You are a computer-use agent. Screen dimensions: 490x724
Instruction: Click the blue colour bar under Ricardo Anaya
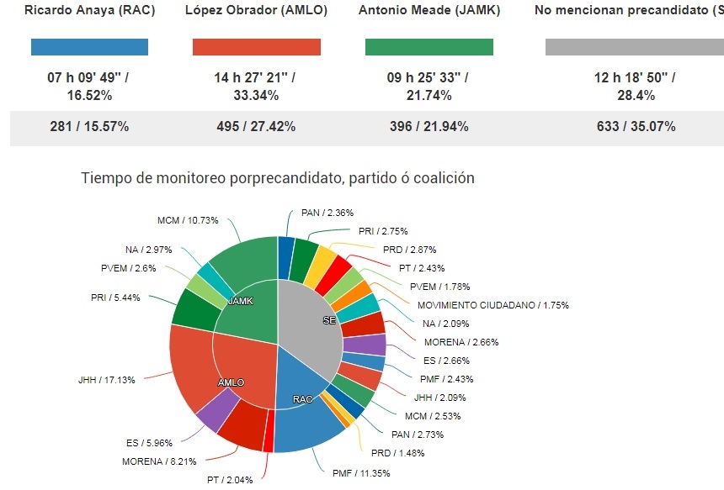tap(89, 47)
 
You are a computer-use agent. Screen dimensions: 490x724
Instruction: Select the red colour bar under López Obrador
tap(257, 47)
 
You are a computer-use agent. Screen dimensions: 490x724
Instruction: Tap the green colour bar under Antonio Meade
tap(429, 47)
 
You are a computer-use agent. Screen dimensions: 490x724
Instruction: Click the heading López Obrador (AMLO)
tap(256, 11)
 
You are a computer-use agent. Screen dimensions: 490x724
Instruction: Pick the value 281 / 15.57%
tap(89, 127)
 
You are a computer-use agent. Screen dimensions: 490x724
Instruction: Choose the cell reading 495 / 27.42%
tap(257, 127)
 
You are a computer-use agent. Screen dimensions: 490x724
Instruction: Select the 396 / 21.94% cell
tap(429, 127)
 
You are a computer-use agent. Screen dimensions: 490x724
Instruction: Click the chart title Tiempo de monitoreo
tap(278, 178)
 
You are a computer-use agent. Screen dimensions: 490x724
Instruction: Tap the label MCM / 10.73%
tap(188, 220)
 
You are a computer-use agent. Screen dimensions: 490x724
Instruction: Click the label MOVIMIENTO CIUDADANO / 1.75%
tap(492, 305)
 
